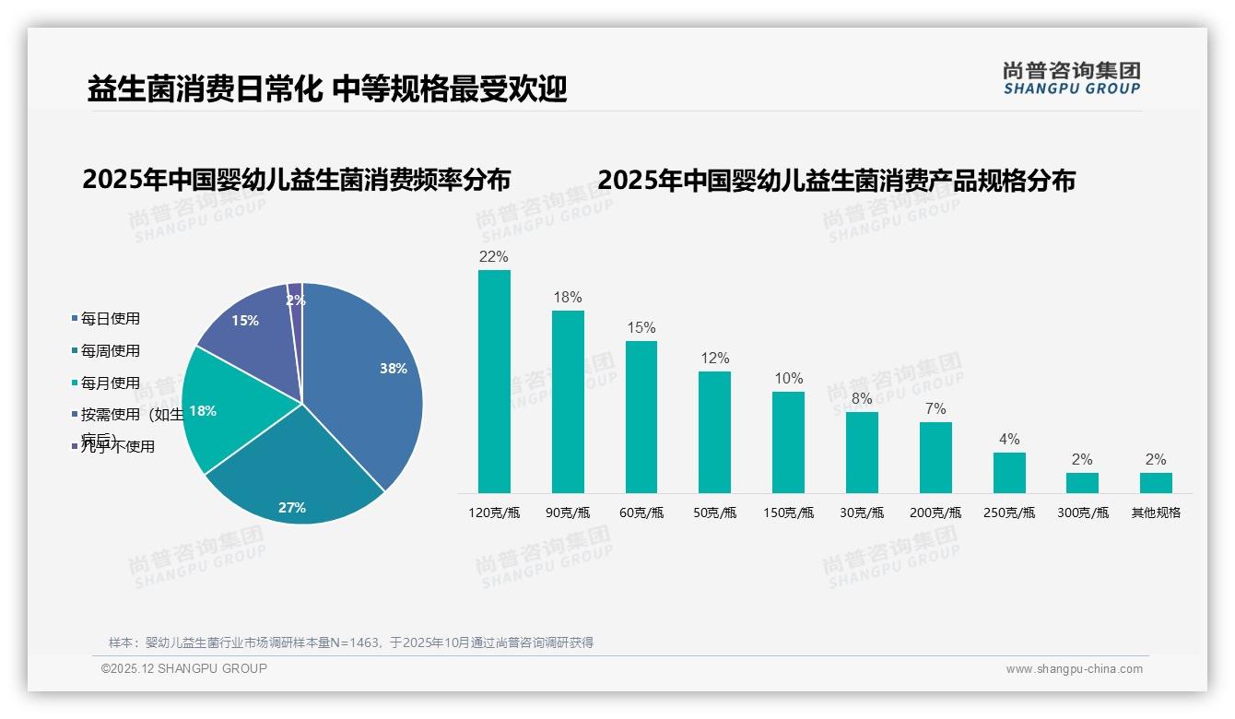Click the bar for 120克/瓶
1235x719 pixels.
[x=494, y=381]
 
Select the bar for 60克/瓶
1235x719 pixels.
[x=641, y=417]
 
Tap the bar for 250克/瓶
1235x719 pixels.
[x=1009, y=472]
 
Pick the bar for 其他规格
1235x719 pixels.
[x=1156, y=482]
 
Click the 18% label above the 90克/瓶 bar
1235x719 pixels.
[x=568, y=298]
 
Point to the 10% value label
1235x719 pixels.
[x=789, y=379]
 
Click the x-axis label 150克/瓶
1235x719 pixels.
[x=789, y=513]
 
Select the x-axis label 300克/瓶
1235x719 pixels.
[x=1083, y=513]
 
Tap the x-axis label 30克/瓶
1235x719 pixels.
[x=862, y=513]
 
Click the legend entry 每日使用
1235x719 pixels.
[x=110, y=319]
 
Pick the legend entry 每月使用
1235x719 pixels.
[x=110, y=383]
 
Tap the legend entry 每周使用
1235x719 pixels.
[x=110, y=351]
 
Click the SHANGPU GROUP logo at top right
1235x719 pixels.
[x=1071, y=78]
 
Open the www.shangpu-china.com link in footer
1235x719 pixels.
[x=1074, y=669]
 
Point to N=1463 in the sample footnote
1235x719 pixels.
[x=355, y=642]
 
